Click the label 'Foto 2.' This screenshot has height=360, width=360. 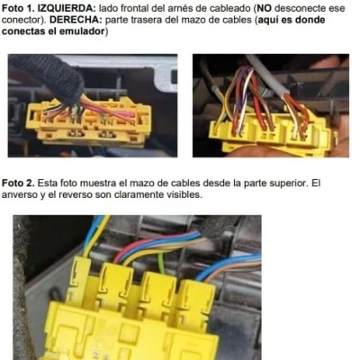(x=20, y=182)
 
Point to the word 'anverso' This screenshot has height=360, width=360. (x=22, y=194)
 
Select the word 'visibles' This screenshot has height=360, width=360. (x=191, y=194)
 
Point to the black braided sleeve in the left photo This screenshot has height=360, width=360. (x=45, y=76)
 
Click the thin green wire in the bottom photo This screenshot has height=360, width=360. (x=161, y=262)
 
